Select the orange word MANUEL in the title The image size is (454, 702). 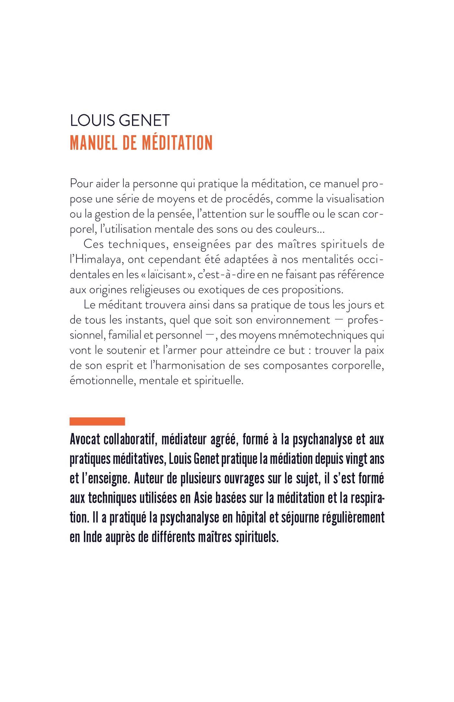[x=94, y=142]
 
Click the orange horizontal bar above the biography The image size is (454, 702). [x=97, y=421]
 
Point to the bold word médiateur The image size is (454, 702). [x=183, y=440]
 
